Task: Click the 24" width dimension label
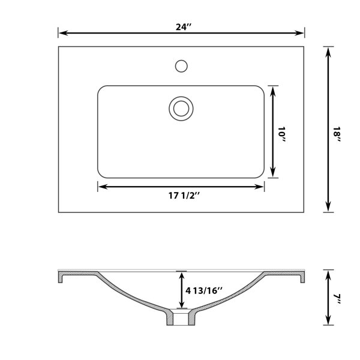click(x=184, y=27)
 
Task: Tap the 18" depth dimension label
click(x=337, y=135)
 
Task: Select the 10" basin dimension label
click(x=281, y=134)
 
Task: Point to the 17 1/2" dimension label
click(x=184, y=196)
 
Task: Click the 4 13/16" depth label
click(x=204, y=290)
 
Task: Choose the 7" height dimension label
click(x=337, y=299)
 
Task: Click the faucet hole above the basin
click(x=181, y=66)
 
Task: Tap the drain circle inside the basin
click(x=181, y=109)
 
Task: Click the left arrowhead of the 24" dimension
click(x=64, y=33)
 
